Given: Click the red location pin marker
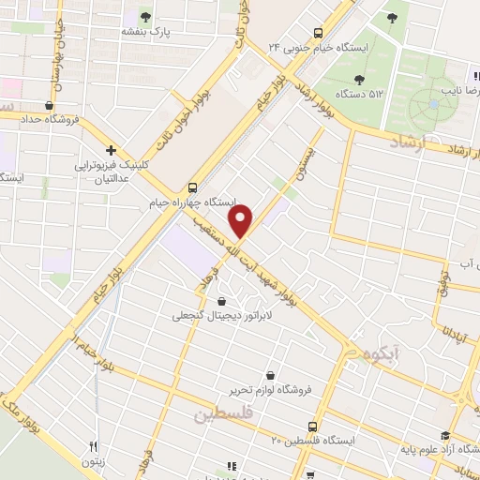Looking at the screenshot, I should point(243,221).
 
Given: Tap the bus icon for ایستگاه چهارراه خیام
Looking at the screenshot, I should point(192,187).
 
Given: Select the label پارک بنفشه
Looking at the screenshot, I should point(142,31).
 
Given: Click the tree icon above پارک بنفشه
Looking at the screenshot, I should point(144,15).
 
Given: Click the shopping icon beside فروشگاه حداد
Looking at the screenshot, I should point(48,105).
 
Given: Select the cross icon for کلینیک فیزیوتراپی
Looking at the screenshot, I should point(111,149).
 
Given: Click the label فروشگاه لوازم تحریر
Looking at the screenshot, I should point(271,389).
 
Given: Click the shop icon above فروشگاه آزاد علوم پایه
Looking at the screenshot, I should point(445,436).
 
